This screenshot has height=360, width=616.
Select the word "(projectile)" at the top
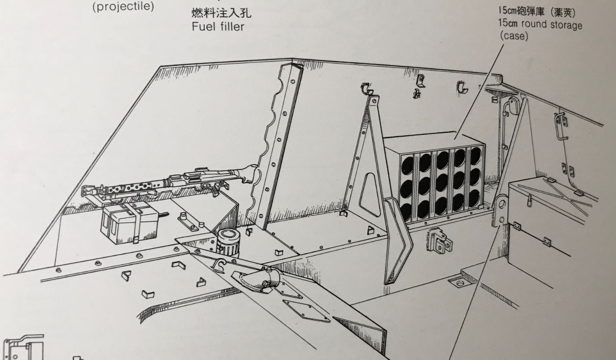(x=123, y=6)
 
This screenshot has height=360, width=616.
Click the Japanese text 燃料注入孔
(x=221, y=13)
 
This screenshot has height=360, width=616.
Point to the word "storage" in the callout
(x=567, y=25)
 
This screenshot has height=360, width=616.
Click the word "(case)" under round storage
(x=514, y=36)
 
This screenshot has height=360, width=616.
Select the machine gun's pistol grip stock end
(x=248, y=172)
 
